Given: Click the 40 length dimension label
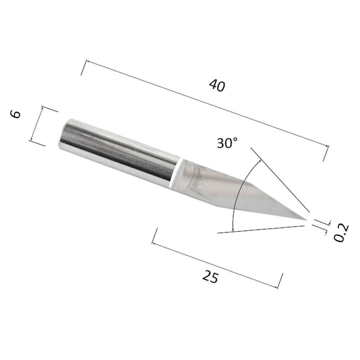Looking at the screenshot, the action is tap(217, 85).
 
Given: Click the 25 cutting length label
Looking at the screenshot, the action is tap(210, 276).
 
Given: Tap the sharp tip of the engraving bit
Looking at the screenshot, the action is tap(307, 220).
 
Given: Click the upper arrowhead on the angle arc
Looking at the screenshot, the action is tap(260, 160).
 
